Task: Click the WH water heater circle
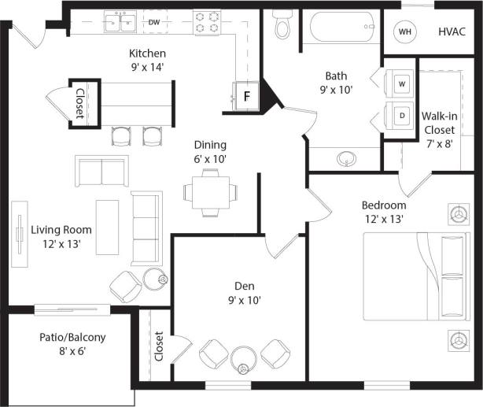405,32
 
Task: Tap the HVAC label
452,31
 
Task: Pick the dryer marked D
401,116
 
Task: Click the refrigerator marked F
245,97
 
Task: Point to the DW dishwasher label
154,22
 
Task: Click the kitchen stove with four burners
206,23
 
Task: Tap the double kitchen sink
120,22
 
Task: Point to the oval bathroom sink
347,160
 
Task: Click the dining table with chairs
208,190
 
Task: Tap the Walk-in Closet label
439,129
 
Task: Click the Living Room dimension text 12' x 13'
61,244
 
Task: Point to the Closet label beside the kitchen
80,102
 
